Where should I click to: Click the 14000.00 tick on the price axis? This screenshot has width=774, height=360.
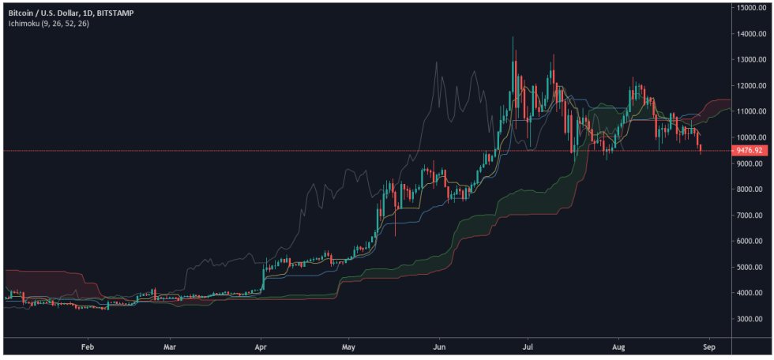pos(751,34)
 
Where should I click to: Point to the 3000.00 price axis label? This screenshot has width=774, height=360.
pos(751,319)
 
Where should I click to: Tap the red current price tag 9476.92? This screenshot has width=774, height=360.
pos(751,150)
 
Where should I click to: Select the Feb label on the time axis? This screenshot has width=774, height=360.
pos(87,346)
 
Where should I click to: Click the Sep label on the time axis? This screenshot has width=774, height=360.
pos(708,346)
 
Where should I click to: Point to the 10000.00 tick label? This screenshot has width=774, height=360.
pos(751,137)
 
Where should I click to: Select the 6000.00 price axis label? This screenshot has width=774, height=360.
pos(751,242)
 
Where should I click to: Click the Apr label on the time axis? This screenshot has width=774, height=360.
pos(261,346)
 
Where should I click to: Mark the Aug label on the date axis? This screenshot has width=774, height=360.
pos(618,346)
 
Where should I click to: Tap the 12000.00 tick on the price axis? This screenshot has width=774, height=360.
pos(751,85)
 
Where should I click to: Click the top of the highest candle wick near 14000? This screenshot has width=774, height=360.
pos(513,37)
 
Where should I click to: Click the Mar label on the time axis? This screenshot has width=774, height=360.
pos(168,346)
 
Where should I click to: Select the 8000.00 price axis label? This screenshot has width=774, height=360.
pos(751,189)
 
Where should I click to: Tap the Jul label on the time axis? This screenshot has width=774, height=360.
pos(528,346)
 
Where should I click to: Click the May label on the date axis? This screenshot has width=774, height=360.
pos(351,346)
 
